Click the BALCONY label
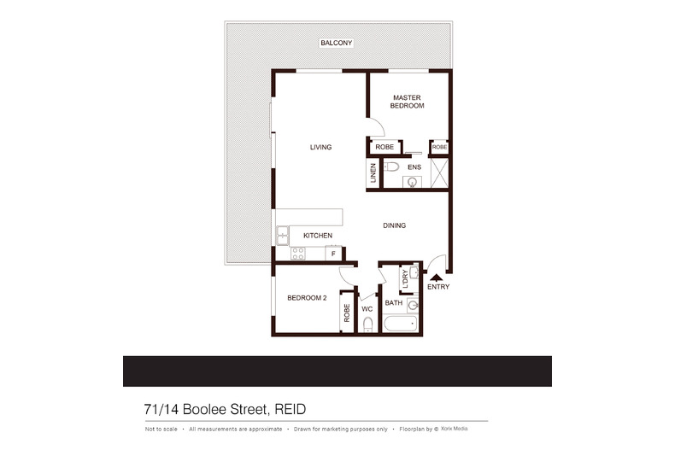336,43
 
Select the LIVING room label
320,148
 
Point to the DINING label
394,225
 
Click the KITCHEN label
317,236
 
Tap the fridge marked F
334,253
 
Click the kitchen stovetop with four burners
298,253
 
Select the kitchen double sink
282,232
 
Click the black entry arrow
437,276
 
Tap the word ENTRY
437,287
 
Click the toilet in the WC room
367,324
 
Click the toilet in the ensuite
390,167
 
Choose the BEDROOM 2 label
307,298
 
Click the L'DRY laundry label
403,278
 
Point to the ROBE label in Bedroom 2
347,313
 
